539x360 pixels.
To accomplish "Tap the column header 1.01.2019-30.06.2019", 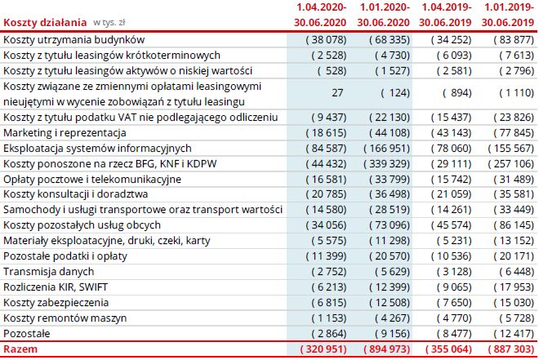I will pyautogui.click(x=506, y=15).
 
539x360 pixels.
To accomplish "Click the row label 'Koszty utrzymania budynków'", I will pyautogui.click(x=74, y=39).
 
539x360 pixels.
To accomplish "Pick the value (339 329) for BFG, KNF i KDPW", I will pyautogui.click(x=383, y=163).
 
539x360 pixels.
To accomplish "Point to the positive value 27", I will pyautogui.click(x=337, y=93).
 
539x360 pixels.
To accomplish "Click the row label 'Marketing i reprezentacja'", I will pyautogui.click(x=65, y=132).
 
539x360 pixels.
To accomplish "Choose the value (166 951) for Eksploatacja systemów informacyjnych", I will pyautogui.click(x=383, y=148).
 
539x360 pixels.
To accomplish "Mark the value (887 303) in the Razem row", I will pyautogui.click(x=507, y=350).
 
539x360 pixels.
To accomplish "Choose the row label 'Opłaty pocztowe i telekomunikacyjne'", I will pyautogui.click(x=92, y=179).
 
